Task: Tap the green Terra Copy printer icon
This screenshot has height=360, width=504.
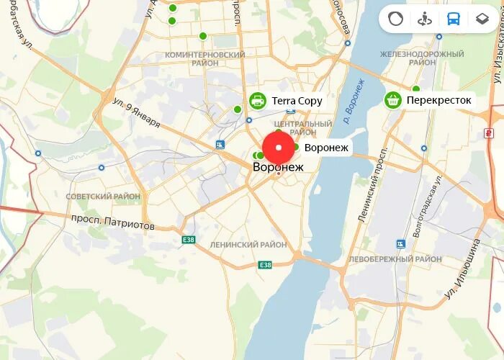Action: click(257, 101)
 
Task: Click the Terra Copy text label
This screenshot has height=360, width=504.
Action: click(297, 101)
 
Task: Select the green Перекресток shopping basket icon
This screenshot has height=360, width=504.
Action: click(392, 100)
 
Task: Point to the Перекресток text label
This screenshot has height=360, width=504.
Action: click(438, 100)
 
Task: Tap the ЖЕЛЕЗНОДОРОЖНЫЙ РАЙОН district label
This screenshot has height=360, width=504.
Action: click(422, 58)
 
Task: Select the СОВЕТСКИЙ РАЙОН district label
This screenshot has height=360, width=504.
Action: click(103, 196)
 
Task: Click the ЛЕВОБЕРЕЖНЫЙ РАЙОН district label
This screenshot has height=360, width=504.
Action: click(395, 258)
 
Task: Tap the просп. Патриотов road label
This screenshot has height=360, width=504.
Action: click(112, 221)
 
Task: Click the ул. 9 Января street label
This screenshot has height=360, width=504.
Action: click(136, 113)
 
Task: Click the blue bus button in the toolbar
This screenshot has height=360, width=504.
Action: click(453, 19)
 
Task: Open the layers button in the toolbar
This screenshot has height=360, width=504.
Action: click(482, 19)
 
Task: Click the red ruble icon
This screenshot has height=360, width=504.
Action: click(489, 132)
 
